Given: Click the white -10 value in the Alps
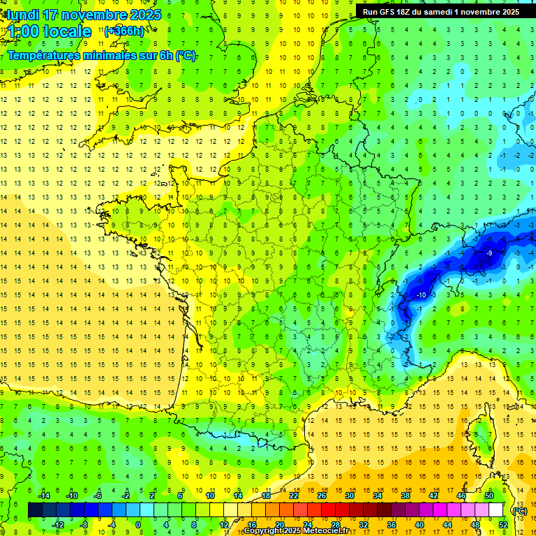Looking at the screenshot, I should pyautogui.click(x=421, y=295).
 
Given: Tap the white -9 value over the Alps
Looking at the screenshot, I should pyautogui.click(x=490, y=253).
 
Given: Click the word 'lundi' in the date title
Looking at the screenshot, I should pyautogui.click(x=22, y=15).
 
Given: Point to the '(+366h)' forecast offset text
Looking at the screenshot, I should pyautogui.click(x=124, y=31).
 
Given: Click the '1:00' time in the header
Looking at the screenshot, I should pyautogui.click(x=22, y=31).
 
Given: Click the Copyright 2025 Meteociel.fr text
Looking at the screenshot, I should pyautogui.click(x=297, y=531).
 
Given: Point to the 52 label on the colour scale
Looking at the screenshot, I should pyautogui.click(x=503, y=524).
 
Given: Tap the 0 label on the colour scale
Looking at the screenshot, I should pyautogui.click(x=137, y=524).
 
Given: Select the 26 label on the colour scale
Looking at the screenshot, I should pyautogui.click(x=322, y=496).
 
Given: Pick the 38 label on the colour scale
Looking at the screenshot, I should pyautogui.click(x=405, y=496).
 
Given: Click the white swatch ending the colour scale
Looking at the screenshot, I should pyautogui.click(x=496, y=510).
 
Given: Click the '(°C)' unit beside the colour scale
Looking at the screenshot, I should pyautogui.click(x=520, y=510).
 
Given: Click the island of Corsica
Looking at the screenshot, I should pyautogui.click(x=479, y=433).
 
